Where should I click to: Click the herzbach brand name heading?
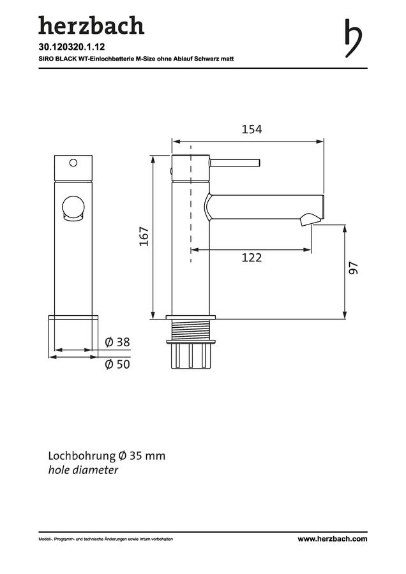pyautogui.click(x=91, y=26)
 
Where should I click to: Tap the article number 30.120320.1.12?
pyautogui.click(x=72, y=47)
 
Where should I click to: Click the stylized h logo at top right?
pyautogui.click(x=353, y=38)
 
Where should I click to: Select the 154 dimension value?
pyautogui.click(x=252, y=129)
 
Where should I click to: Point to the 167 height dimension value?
pyautogui.click(x=144, y=237)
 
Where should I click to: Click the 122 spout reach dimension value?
pyautogui.click(x=252, y=258)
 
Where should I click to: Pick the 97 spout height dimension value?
pyautogui.click(x=353, y=268)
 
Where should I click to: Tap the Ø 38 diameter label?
pyautogui.click(x=117, y=342)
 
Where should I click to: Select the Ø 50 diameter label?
pyautogui.click(x=117, y=364)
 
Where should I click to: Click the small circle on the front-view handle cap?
pyautogui.click(x=73, y=163)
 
